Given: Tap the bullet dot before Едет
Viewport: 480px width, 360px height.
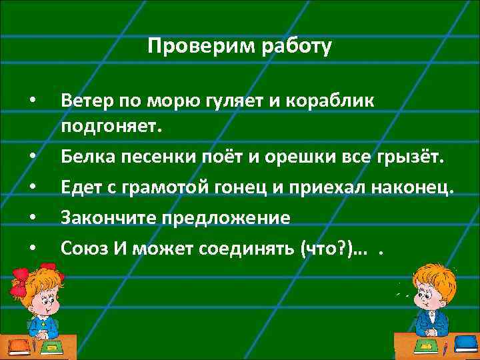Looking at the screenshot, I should (x=31, y=188).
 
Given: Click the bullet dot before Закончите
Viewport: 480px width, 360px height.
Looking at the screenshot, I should (x=31, y=218).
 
